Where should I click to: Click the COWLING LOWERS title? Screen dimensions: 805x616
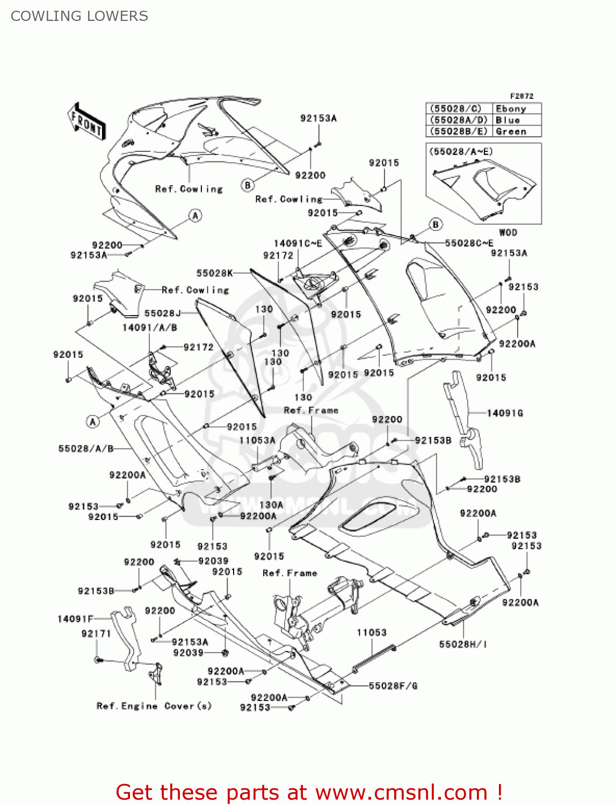tap(79, 16)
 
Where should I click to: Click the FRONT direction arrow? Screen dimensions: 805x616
tap(86, 122)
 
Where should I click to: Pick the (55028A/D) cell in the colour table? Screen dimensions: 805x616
tap(459, 120)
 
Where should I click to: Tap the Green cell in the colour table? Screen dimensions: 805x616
tap(511, 131)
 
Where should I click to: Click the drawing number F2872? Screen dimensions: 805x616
tap(521, 96)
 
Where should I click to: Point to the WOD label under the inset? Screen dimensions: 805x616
tap(508, 232)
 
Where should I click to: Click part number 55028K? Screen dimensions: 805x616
tap(214, 273)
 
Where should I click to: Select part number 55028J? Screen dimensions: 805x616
tap(162, 313)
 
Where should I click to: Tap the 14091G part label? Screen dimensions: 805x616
tap(505, 413)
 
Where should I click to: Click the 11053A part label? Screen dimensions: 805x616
tap(257, 440)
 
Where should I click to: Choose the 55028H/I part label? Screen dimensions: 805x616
tap(463, 644)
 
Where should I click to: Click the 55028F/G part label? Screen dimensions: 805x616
tap(393, 686)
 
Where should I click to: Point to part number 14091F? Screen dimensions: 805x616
tap(75, 619)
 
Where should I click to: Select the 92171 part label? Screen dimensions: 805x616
tap(96, 634)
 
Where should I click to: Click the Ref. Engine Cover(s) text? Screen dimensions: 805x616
tap(154, 706)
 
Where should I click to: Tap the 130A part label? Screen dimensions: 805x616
tap(271, 505)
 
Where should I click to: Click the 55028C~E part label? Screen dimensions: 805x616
tap(469, 243)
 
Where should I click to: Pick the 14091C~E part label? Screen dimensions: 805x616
tap(298, 244)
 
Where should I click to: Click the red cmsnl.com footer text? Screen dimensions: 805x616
tap(309, 792)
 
